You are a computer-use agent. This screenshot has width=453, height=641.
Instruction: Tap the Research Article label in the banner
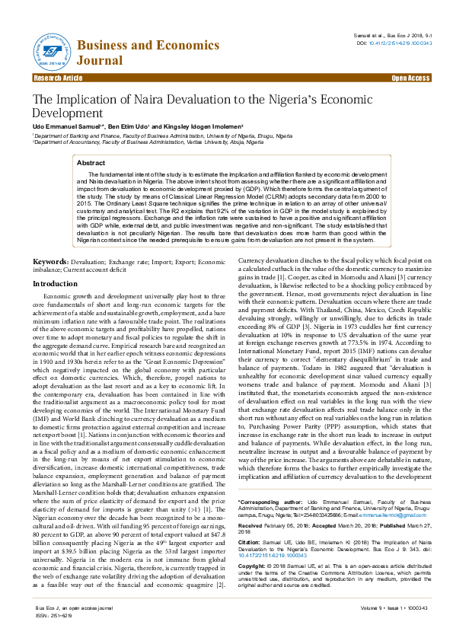58,78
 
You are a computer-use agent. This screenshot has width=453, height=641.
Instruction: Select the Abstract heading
91,163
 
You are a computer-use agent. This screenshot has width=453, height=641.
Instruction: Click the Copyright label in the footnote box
254,566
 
